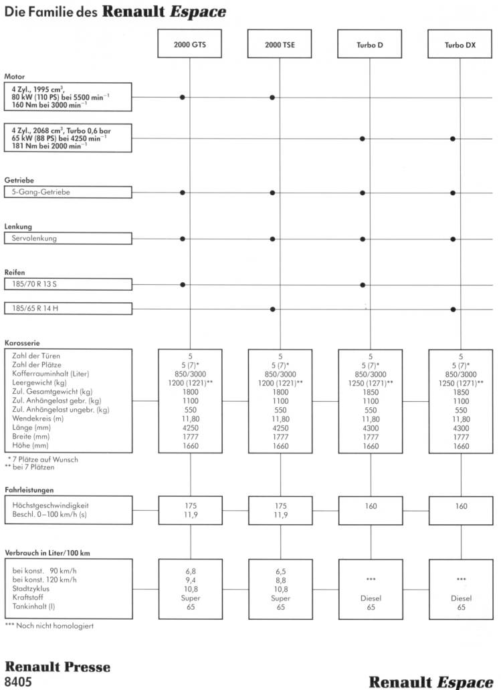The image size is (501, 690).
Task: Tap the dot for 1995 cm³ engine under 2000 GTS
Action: [182, 98]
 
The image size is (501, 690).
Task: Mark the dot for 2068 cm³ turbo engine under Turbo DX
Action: [453, 138]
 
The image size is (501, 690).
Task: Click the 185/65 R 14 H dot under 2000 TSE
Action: [272, 309]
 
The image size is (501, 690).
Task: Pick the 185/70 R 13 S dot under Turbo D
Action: [363, 284]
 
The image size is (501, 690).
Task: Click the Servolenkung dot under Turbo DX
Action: [453, 238]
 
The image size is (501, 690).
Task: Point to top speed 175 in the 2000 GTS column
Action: [189, 506]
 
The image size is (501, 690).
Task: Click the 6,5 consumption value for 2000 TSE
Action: [280, 572]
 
